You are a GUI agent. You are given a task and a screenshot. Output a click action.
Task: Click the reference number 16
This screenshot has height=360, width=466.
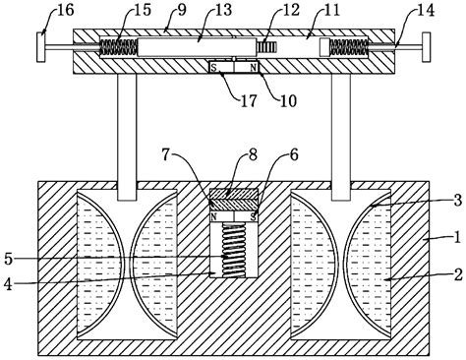(x=66, y=10)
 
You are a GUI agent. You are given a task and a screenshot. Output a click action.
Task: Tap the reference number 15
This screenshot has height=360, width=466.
(x=143, y=10)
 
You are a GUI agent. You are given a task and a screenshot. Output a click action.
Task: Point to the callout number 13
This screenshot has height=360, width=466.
(x=223, y=10)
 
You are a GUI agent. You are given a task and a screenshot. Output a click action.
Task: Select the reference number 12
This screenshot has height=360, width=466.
(x=291, y=10)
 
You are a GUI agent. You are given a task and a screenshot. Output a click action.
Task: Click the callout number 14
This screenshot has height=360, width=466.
(x=426, y=10)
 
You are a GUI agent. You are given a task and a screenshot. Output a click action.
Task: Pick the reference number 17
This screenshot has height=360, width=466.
(x=249, y=100)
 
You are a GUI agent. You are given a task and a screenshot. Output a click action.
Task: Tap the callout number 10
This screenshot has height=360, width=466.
(x=288, y=100)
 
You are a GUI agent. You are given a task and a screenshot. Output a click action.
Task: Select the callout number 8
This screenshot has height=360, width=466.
(x=253, y=155)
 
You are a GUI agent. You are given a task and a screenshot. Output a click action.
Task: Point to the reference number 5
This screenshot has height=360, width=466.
(x=8, y=259)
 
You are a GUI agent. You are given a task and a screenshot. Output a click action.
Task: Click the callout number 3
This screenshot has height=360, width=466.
(x=458, y=200)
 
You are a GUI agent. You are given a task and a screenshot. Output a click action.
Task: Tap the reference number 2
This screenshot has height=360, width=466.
(x=458, y=274)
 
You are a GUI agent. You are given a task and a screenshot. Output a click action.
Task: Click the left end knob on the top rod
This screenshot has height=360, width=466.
(x=40, y=47)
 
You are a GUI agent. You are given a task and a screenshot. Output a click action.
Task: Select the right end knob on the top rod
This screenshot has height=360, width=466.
(x=427, y=47)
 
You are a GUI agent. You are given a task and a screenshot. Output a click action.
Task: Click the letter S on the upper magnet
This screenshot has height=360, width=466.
(x=214, y=68)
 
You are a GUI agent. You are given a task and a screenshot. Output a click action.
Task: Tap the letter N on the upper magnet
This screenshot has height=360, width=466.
(x=253, y=68)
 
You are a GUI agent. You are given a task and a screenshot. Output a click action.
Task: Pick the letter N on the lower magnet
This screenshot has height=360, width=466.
(x=214, y=216)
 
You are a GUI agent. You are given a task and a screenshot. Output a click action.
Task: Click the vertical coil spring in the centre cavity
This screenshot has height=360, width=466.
(x=234, y=250)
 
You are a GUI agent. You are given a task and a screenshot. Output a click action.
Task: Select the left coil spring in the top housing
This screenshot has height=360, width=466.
(x=118, y=47)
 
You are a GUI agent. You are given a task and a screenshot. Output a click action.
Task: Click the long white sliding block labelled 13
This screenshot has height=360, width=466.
(x=197, y=47)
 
